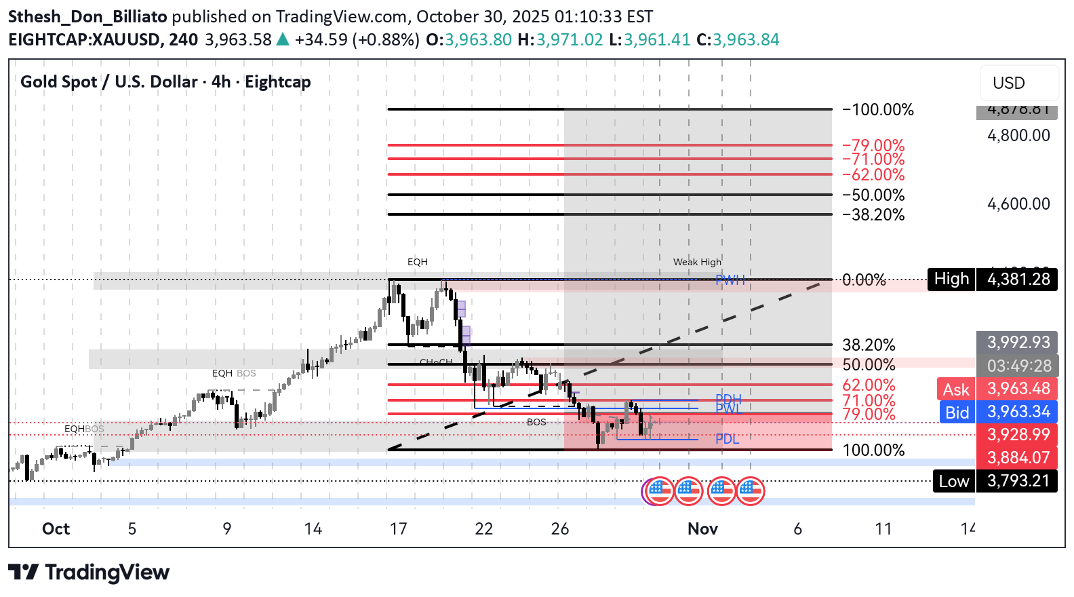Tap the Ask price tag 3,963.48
tap(1017, 389)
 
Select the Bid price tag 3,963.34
tap(1017, 412)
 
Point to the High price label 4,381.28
tap(1017, 279)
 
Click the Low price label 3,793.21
tap(1017, 481)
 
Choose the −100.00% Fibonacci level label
tap(878, 110)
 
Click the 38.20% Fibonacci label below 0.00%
tap(869, 345)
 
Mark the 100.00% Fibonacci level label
tap(873, 450)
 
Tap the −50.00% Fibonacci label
tap(873, 195)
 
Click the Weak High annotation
tap(697, 262)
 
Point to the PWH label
tap(730, 280)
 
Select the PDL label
tap(727, 439)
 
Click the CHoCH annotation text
tap(435, 362)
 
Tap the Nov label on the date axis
tap(702, 529)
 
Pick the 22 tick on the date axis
tap(483, 529)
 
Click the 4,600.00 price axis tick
tap(1018, 204)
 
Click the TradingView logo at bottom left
tap(89, 573)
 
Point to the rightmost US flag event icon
tap(751, 491)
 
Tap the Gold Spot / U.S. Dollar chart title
tap(165, 82)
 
